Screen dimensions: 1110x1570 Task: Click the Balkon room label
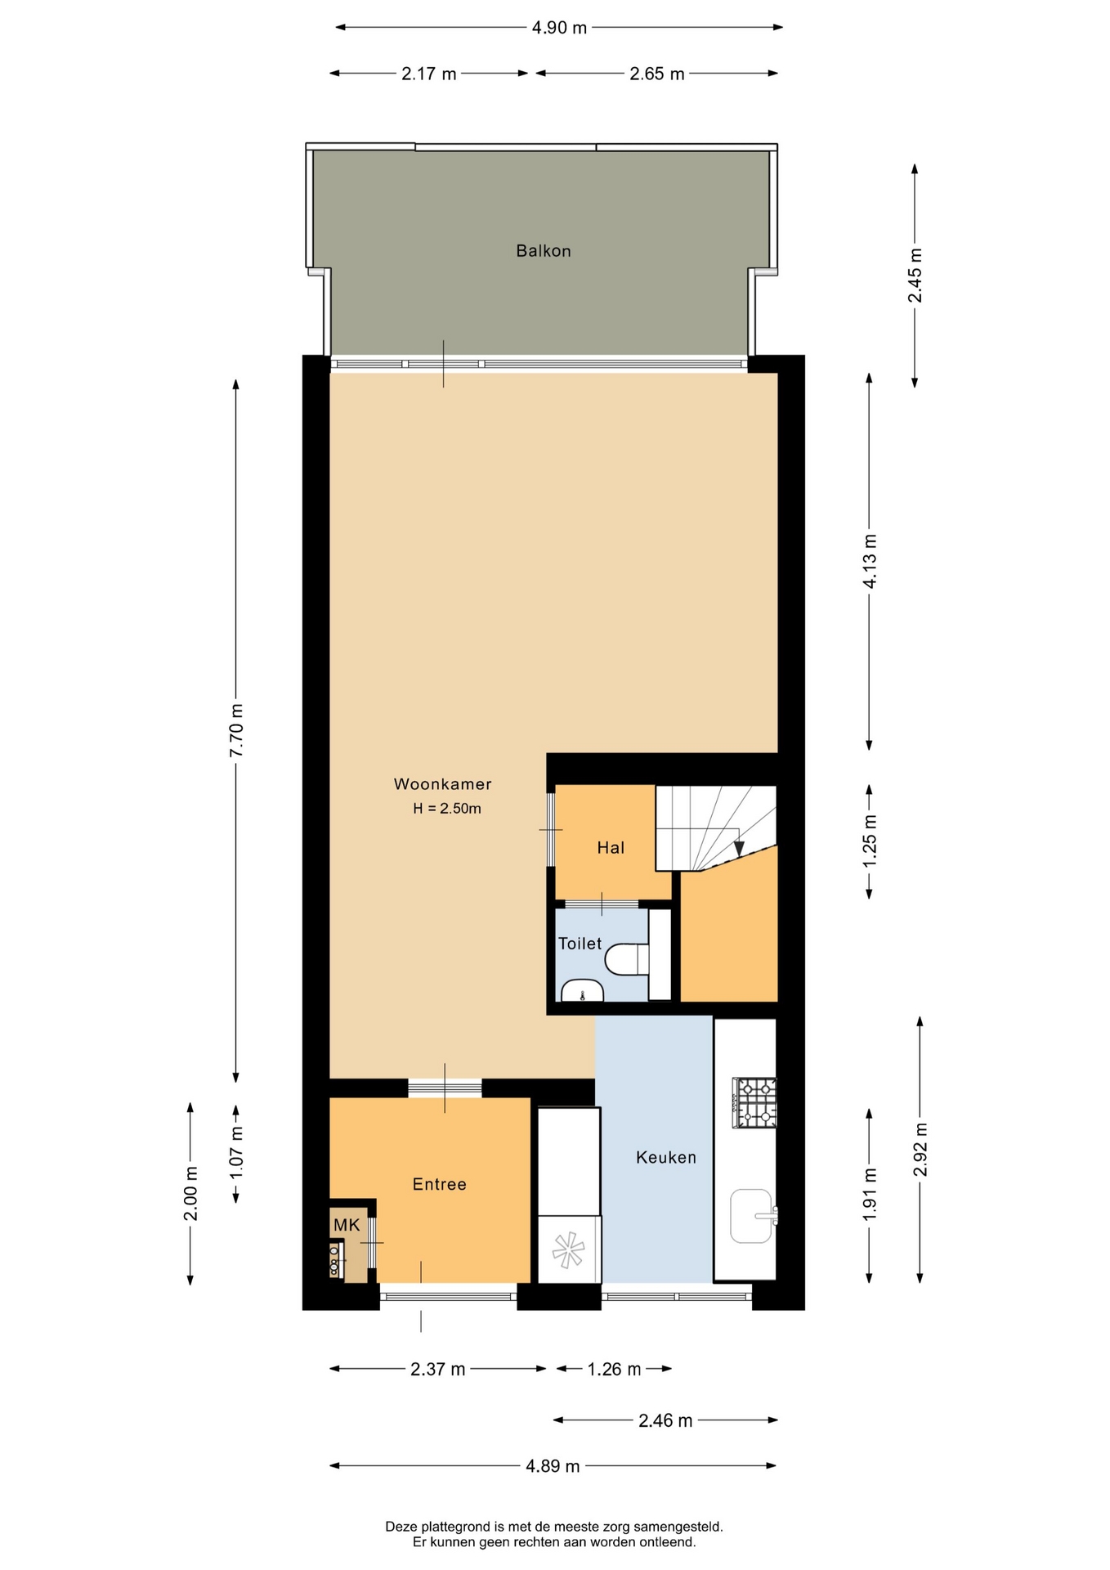point(543,251)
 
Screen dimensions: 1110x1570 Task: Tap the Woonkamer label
point(443,784)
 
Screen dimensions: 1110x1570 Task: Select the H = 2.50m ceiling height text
point(447,809)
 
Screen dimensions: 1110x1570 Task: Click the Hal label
point(611,848)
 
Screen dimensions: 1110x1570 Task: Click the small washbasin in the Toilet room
point(582,989)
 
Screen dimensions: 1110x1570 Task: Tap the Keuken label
point(666,1157)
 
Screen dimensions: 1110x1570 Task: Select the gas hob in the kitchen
point(754,1103)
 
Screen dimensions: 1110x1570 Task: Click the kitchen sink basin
point(751,1215)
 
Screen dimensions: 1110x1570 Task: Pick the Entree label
point(439,1184)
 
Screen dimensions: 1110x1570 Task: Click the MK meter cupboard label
point(347,1225)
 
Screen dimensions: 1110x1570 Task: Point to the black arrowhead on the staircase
point(739,848)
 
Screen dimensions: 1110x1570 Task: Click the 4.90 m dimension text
point(559,28)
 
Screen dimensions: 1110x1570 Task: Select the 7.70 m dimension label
point(236,730)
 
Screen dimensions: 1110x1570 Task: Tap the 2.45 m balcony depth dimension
point(915,276)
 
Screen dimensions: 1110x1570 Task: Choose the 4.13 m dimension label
point(870,561)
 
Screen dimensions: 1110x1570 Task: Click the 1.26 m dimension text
point(615,1369)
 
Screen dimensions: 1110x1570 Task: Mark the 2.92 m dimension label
point(920,1149)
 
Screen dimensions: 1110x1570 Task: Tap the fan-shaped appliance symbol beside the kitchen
point(569,1249)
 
